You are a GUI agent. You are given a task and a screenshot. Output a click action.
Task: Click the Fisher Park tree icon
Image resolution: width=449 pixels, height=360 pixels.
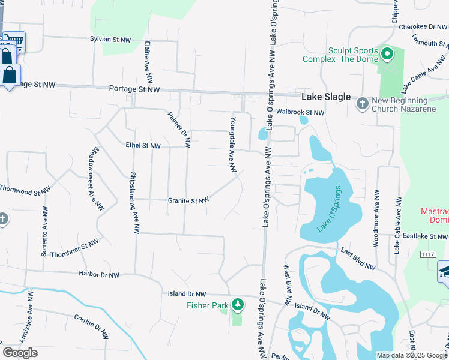[238, 305]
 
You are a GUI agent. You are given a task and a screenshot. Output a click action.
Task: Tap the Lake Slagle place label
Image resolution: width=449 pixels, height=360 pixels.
[325, 97]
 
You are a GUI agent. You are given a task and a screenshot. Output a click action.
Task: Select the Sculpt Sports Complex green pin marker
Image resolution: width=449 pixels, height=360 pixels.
[387, 55]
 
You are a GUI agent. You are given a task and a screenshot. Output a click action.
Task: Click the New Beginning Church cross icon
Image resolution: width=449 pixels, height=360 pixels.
[362, 104]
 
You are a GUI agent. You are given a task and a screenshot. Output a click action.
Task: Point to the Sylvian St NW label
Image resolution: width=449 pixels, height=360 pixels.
[110, 39]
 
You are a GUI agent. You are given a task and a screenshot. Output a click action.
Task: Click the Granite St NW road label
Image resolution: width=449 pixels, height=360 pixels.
[188, 200]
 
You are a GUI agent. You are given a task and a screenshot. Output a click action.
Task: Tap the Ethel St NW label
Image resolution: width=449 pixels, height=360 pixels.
[143, 145]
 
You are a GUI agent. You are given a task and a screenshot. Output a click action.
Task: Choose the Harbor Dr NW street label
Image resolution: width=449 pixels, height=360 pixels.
[99, 275]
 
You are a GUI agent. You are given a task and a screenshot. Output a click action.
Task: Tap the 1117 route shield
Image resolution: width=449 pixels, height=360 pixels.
[427, 254]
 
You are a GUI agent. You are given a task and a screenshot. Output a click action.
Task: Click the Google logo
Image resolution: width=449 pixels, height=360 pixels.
[20, 353]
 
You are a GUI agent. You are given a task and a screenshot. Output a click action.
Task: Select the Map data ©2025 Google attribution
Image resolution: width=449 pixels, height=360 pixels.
[412, 355]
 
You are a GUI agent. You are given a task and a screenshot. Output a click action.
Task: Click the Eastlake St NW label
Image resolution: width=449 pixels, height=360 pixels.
[424, 237]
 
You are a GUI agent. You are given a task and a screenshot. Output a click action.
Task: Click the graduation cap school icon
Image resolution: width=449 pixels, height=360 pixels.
[445, 271]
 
